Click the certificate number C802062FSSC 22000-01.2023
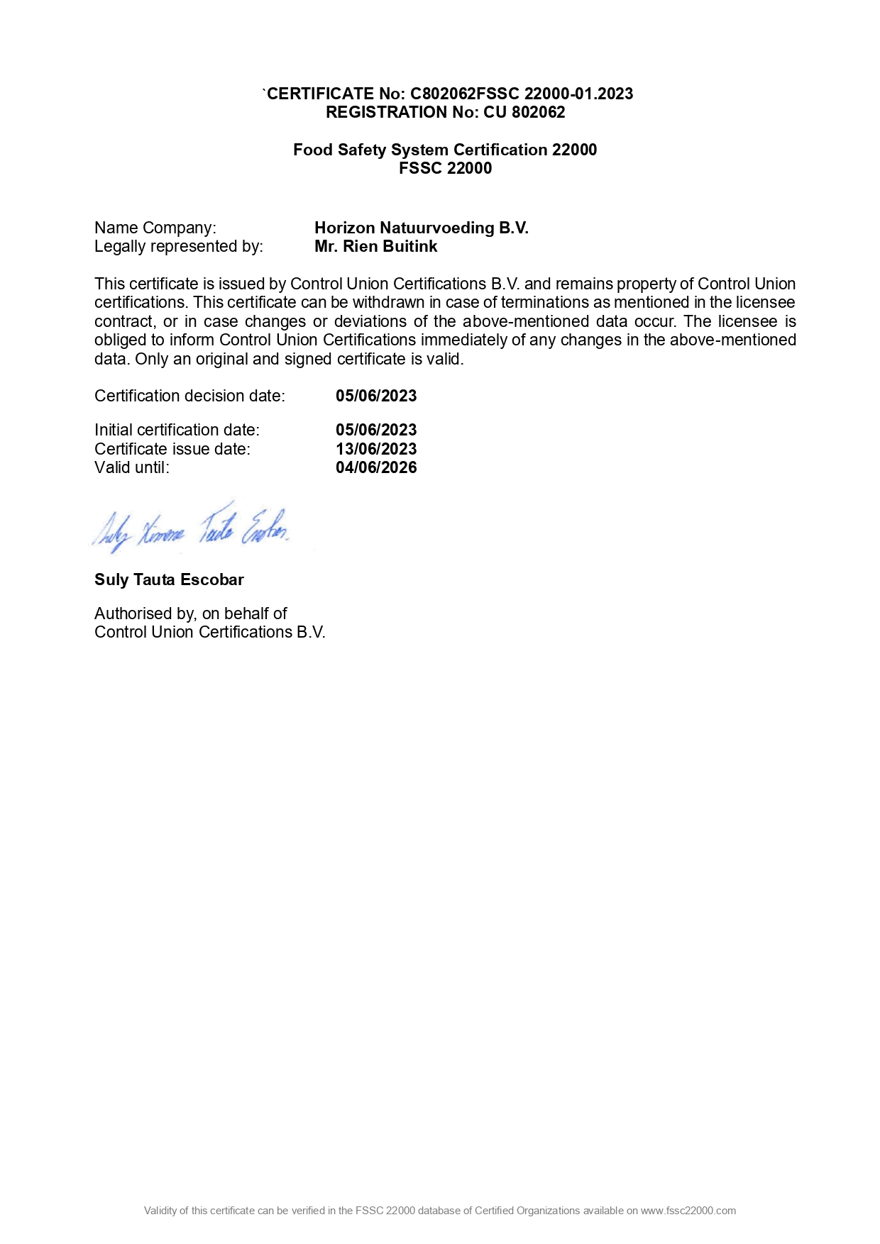522,94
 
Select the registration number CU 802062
524,112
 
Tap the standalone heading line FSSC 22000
445,168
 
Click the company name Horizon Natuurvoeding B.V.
422,228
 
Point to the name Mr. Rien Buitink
375,246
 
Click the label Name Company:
155,228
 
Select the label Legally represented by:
178,246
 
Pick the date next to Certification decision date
376,396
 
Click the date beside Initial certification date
376,430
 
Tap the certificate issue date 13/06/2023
376,449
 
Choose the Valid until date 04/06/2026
376,467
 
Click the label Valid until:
132,467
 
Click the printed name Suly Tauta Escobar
169,579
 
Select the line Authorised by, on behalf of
190,613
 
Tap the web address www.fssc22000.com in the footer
688,1211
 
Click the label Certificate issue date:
172,449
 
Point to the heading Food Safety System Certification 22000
445,150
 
